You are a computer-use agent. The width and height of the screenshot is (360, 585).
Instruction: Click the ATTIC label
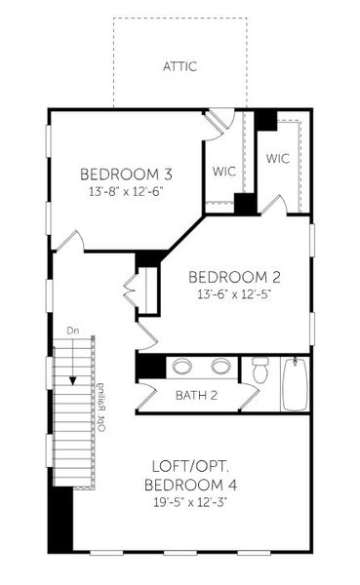pyautogui.click(x=180, y=67)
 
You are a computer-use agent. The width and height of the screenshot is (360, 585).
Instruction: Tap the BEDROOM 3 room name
pyautogui.click(x=126, y=175)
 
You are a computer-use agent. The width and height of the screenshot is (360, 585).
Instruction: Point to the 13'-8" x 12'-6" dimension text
pyautogui.click(x=126, y=192)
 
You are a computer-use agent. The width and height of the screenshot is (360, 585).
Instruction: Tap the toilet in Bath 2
pyautogui.click(x=260, y=371)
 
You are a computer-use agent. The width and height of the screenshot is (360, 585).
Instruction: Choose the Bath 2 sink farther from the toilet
pyautogui.click(x=182, y=368)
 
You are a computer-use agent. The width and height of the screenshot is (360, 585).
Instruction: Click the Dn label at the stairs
pyautogui.click(x=72, y=331)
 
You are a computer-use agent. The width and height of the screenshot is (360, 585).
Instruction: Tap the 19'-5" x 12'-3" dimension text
pyautogui.click(x=192, y=503)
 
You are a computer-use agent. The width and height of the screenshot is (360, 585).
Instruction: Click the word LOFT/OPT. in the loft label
pyautogui.click(x=192, y=465)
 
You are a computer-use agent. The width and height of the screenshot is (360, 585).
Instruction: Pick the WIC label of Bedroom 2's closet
pyautogui.click(x=278, y=157)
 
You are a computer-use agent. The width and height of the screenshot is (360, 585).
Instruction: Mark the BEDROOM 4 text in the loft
pyautogui.click(x=190, y=485)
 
